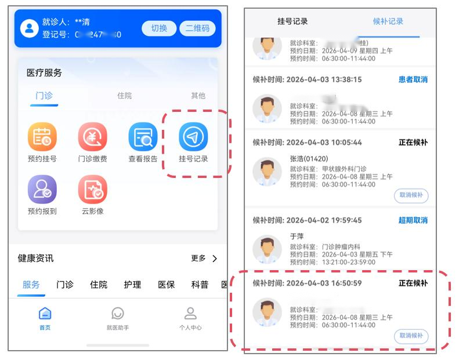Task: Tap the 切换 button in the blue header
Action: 159,28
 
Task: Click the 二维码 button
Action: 197,28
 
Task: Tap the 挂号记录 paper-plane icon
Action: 193,137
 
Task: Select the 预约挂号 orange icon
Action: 42,137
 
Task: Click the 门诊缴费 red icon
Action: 93,137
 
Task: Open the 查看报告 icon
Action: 143,137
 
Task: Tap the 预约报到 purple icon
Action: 42,190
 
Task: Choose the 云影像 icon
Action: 93,190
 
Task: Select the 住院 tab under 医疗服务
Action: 124,96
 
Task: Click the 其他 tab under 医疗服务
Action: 198,96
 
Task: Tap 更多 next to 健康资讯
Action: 204,259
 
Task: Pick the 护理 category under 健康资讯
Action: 132,285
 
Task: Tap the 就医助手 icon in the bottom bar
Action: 118,318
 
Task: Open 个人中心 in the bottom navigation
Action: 190,318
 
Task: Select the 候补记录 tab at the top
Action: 388,21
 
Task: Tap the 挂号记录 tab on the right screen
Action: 292,21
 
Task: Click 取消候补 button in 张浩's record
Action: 411,195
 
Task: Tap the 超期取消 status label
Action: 413,220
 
